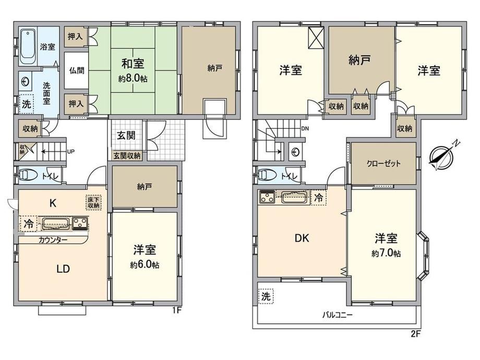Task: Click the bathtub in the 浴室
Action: (29, 46)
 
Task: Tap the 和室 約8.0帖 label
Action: (133, 71)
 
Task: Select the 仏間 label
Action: (76, 71)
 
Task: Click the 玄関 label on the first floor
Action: (126, 135)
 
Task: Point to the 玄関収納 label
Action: (127, 155)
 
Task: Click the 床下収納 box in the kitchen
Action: (93, 202)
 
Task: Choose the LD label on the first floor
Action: (63, 269)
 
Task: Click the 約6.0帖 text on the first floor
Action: (145, 265)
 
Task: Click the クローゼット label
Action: (383, 163)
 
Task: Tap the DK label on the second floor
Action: (302, 238)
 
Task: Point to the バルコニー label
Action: (338, 315)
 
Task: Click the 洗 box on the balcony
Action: (266, 296)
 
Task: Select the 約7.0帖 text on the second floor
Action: (386, 254)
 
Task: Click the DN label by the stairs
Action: (305, 129)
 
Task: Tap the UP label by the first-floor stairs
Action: (71, 151)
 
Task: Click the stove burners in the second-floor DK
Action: (267, 197)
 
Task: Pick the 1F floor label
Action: (177, 310)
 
